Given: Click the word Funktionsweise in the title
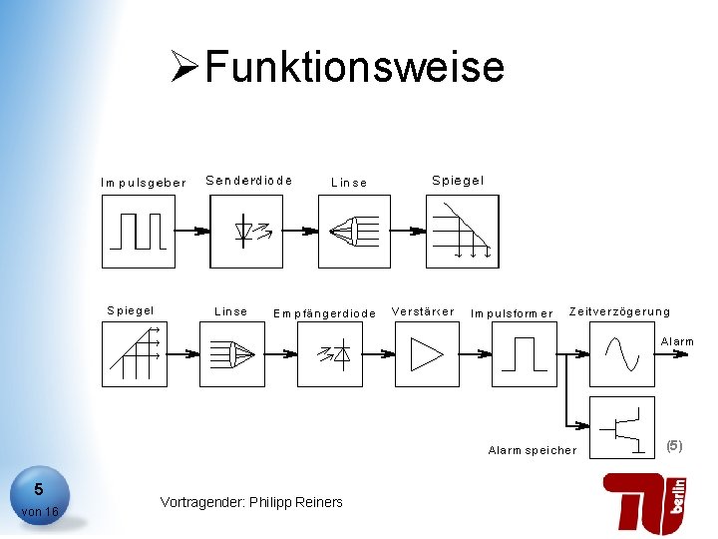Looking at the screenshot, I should [x=355, y=68].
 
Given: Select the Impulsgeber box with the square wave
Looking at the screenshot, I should [x=139, y=231].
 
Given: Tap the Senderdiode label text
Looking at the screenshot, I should [x=249, y=181].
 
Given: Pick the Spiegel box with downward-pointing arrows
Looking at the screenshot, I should [x=462, y=231].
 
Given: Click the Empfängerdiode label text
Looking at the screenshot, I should [x=325, y=313].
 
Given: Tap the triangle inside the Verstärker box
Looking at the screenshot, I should [x=428, y=354].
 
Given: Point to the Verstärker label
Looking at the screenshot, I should [x=423, y=311].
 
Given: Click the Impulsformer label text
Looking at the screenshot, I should [x=512, y=313].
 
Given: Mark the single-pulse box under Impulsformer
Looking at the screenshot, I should [x=525, y=353].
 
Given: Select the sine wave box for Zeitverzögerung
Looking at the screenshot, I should [x=622, y=353].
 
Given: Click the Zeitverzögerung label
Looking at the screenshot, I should [x=619, y=311].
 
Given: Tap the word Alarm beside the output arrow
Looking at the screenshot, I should [x=677, y=341].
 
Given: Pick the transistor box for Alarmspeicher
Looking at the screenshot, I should [x=622, y=427].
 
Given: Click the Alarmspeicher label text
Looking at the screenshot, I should [x=533, y=450].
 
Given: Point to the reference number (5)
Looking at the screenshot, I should [x=674, y=445].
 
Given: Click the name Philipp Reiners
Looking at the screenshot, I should [x=296, y=502].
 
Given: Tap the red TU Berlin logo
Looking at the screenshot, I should [x=644, y=501].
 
